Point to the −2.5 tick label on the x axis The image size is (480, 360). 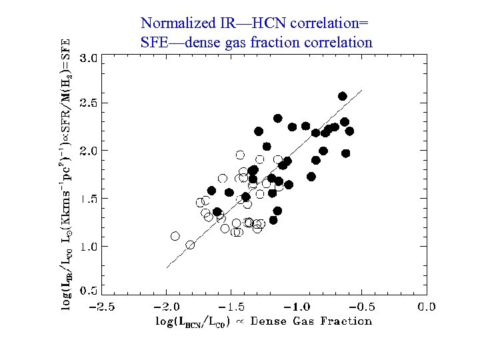click(x=101, y=307)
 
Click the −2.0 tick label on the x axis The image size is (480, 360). click(x=166, y=307)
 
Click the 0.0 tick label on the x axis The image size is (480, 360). click(x=426, y=307)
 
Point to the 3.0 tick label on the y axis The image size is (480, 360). click(x=90, y=57)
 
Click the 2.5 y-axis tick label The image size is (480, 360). click(x=90, y=103)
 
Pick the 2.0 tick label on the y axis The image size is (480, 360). click(x=90, y=151)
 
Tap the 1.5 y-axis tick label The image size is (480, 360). click(x=90, y=199)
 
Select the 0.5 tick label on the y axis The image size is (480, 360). click(x=90, y=291)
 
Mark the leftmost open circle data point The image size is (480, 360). click(x=175, y=236)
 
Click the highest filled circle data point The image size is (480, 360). click(x=343, y=96)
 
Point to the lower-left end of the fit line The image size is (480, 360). click(x=167, y=268)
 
